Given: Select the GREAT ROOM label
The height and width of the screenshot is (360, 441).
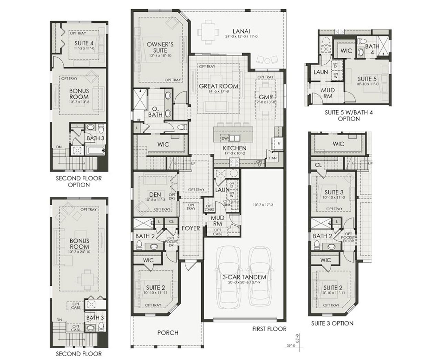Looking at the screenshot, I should [218, 86].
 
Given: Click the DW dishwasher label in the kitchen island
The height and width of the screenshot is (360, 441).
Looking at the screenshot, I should [225, 138].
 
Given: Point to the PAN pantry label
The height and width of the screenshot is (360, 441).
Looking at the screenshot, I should [273, 158].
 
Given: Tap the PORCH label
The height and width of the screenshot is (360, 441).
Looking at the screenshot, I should [168, 333].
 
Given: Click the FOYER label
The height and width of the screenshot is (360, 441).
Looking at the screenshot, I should [191, 228].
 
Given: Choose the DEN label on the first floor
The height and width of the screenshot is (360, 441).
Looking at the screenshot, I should [155, 195].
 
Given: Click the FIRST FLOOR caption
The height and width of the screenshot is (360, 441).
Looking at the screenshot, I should [269, 329].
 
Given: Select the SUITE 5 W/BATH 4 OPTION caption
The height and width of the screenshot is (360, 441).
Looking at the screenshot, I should [342, 116].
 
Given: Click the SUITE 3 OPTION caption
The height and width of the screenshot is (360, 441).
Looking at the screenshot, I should [332, 323].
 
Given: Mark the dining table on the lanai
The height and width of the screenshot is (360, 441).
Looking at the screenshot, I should [207, 32].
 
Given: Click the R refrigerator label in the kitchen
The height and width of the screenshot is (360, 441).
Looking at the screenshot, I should [278, 142].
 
